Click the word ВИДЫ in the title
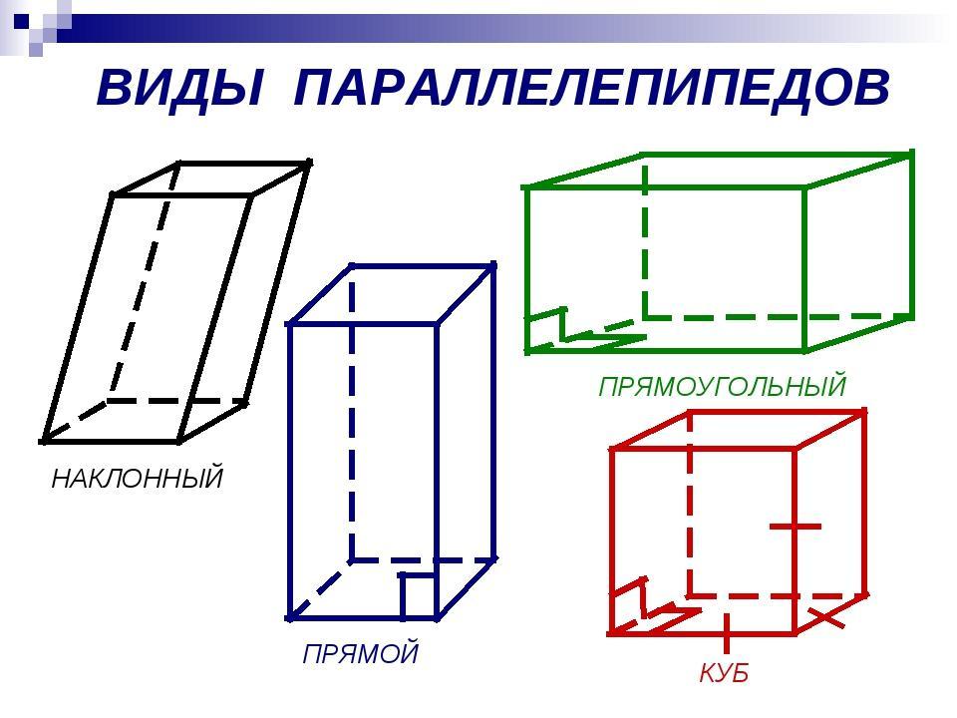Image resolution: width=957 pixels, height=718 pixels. tap(180, 89)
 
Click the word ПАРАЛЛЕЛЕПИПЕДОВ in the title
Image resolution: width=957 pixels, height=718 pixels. tap(592, 89)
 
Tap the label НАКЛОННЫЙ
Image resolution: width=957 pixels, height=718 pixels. tap(138, 478)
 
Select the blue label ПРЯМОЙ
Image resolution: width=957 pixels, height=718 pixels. tap(361, 653)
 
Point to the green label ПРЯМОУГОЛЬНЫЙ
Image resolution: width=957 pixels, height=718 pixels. tap(722, 387)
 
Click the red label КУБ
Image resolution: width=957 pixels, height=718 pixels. tap(724, 673)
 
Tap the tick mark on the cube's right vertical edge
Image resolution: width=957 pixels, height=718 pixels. tap(796, 527)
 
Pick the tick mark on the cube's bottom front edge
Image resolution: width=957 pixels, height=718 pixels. tap(726, 633)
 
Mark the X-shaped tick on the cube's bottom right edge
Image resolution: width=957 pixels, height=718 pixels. tap(827, 617)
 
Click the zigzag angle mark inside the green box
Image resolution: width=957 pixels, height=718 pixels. tap(586, 330)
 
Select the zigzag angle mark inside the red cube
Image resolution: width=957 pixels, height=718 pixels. tap(654, 606)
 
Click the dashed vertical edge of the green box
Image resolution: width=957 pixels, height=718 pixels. tap(645, 237)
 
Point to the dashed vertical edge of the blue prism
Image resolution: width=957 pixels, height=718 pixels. tap(352, 412)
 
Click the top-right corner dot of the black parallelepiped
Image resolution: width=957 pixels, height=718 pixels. tap(309, 163)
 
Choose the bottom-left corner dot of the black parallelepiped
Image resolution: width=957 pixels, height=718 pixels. tap(43, 440)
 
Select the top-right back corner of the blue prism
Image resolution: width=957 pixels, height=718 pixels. tap(493, 265)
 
